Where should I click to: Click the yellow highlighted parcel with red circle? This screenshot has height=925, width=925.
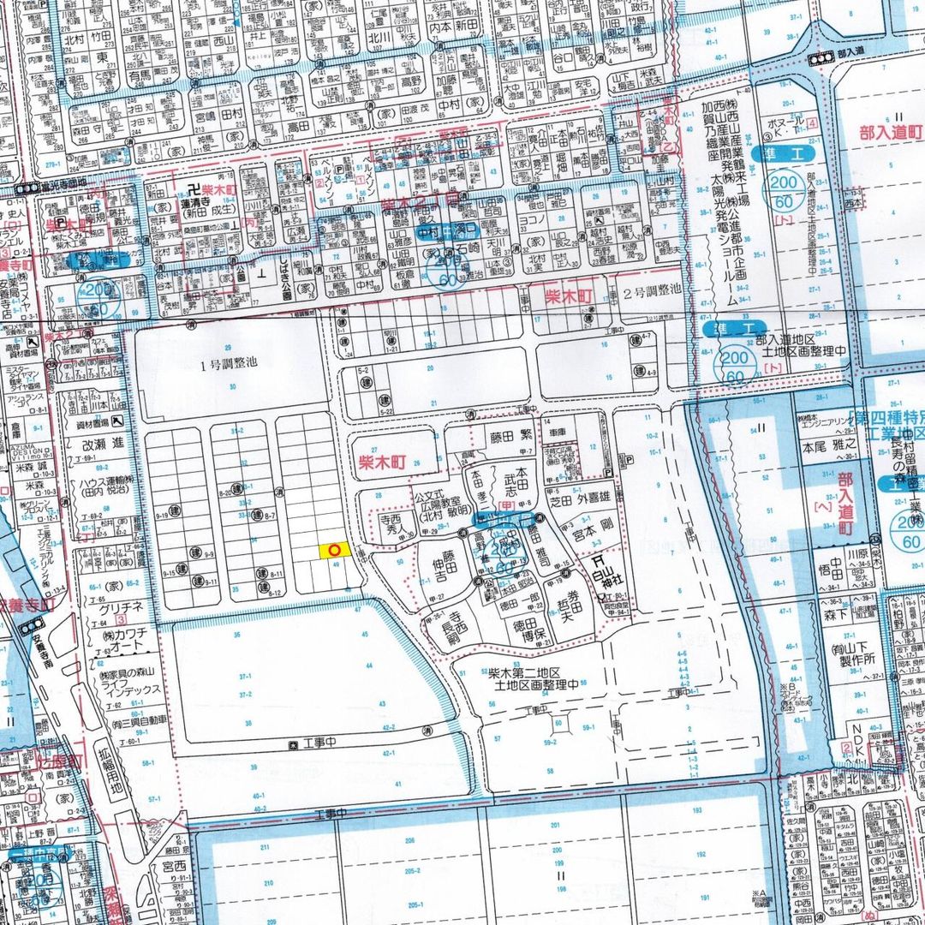(333, 551)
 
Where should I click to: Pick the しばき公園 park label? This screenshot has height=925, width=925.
(291, 265)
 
